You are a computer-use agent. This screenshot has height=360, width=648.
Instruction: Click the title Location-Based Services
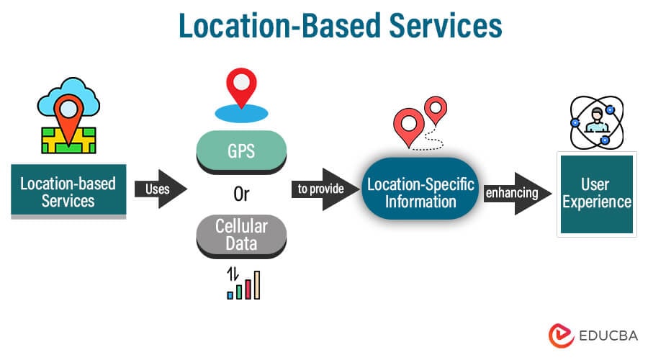[x=340, y=26]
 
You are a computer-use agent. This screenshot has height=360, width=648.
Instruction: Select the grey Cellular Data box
[x=242, y=235]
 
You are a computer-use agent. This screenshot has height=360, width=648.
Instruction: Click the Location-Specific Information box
[x=420, y=192]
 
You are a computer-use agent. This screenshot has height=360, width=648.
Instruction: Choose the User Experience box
[x=597, y=192]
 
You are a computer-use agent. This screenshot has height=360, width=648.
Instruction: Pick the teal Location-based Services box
[x=68, y=192]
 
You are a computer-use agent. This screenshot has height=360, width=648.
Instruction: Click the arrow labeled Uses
[x=160, y=189]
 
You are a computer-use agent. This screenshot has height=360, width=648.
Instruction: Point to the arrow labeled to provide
[x=324, y=189]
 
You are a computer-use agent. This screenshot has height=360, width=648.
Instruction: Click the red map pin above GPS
[x=241, y=87]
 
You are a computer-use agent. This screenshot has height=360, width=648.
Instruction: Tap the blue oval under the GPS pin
[x=241, y=114]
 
